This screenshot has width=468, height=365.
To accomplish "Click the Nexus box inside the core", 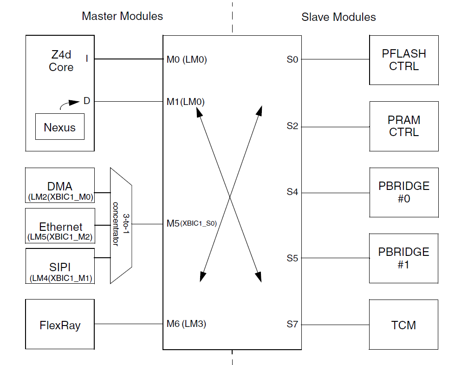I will (60, 127).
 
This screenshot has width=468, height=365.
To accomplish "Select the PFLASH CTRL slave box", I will (404, 60).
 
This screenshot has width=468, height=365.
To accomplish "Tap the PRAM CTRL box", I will (404, 126).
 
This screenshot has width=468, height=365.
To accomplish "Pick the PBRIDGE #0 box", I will (404, 192).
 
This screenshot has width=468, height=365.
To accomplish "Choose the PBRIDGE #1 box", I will (404, 258).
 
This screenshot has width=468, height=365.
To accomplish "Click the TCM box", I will (404, 325).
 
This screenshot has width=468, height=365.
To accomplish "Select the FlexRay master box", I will (60, 325).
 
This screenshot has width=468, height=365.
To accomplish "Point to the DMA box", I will (60, 191).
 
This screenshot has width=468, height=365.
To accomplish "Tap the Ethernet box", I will (60, 231).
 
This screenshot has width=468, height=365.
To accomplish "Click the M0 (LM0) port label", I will (187, 59).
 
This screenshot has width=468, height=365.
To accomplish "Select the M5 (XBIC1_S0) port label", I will (192, 223).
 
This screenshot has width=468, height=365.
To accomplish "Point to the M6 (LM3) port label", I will (186, 324).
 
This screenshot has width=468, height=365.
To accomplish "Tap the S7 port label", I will (292, 324).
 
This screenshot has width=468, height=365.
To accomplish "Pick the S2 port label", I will (292, 126).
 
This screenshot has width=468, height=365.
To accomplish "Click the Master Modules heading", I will (123, 16).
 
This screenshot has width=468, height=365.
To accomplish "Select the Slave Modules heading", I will (338, 17).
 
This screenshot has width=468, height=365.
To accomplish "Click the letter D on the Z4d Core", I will (86, 101).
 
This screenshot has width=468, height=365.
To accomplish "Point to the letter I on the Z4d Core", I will (86, 59).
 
